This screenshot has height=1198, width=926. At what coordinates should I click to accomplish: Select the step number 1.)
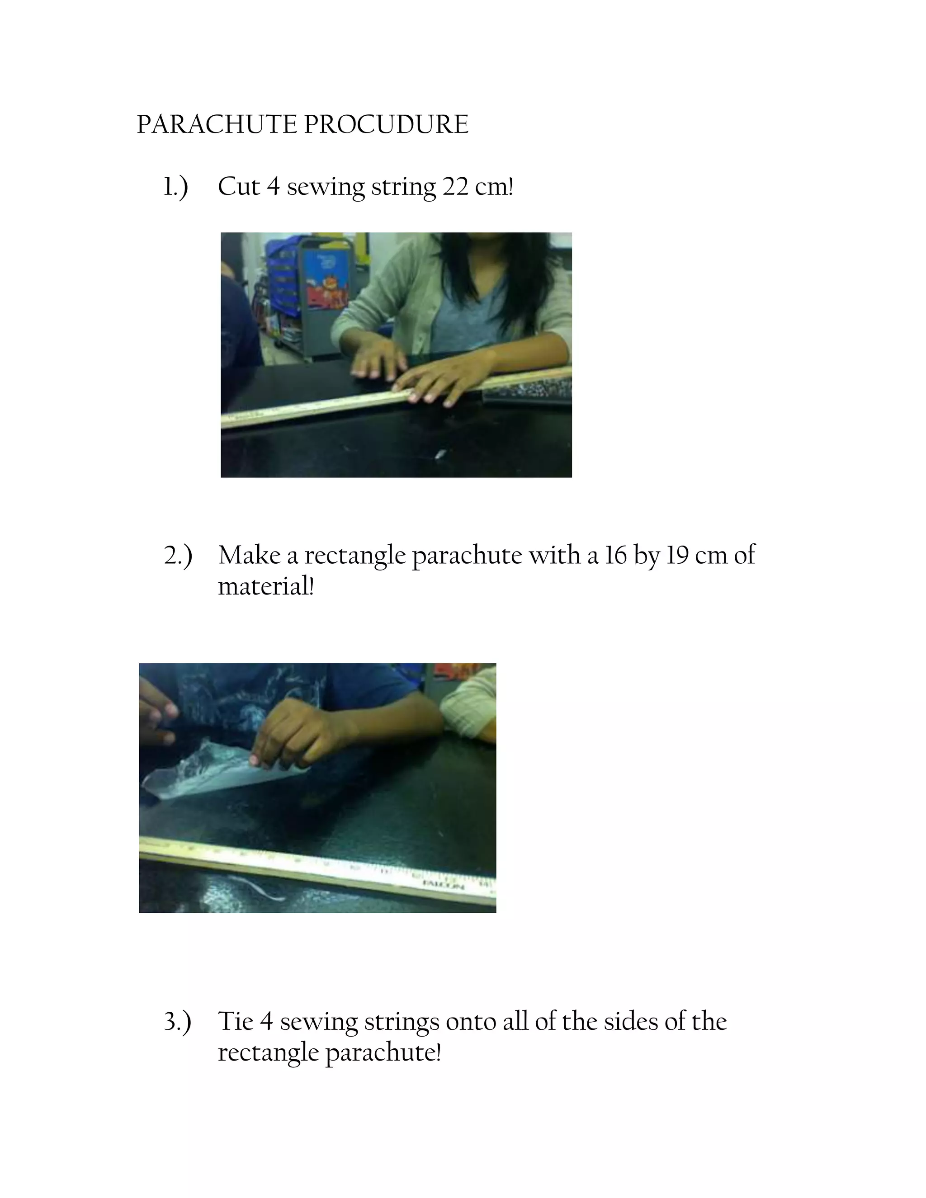[x=175, y=187]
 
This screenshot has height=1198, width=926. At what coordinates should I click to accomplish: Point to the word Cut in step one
[x=239, y=187]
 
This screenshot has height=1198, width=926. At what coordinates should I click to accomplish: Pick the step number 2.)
[x=178, y=556]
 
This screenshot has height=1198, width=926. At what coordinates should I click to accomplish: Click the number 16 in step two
[x=615, y=555]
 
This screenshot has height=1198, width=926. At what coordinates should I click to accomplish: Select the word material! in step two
[x=266, y=586]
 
